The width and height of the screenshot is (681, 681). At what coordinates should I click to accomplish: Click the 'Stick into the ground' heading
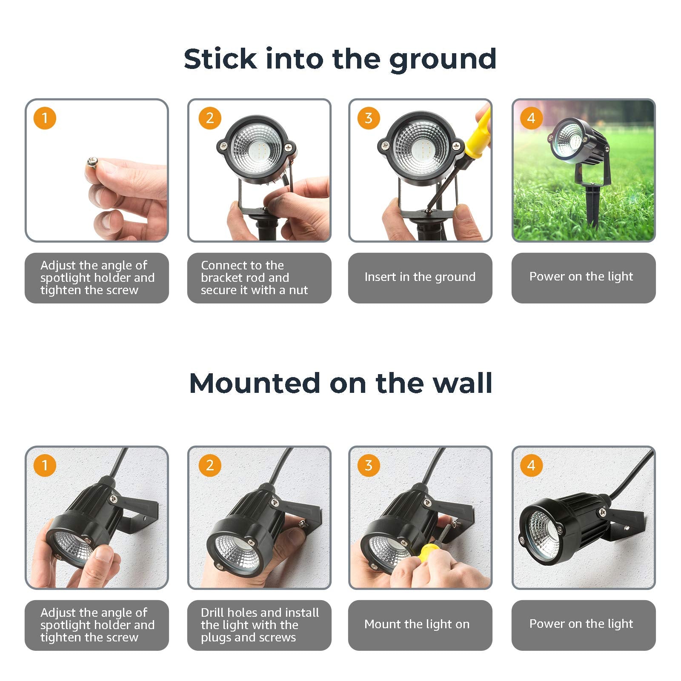(x=340, y=60)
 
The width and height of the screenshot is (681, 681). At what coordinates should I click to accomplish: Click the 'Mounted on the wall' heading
(x=340, y=383)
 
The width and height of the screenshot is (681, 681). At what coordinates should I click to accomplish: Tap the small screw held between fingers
(x=92, y=162)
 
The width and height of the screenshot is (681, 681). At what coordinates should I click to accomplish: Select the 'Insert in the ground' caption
(x=420, y=277)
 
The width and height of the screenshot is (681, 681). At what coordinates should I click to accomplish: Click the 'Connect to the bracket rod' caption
(x=254, y=278)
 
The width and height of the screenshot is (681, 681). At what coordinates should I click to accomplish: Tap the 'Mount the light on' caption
(x=417, y=624)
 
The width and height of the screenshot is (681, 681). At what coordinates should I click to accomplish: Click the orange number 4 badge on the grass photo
(x=531, y=118)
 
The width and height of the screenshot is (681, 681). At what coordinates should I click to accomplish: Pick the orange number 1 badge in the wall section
(x=45, y=465)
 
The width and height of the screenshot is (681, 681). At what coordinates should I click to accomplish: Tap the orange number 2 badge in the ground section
(x=210, y=118)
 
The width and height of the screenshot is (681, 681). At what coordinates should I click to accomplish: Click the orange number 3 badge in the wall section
(x=369, y=465)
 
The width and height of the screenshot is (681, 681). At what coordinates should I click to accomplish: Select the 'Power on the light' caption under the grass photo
(x=581, y=277)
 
